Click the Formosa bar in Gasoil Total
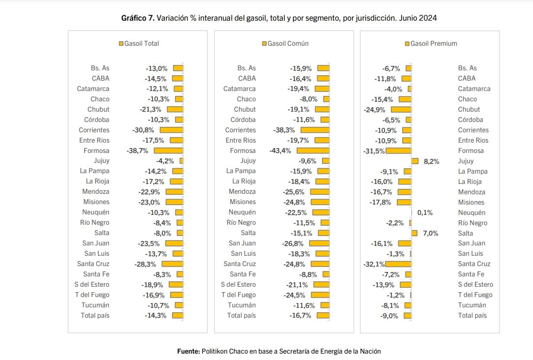168,151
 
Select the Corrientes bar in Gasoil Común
315,130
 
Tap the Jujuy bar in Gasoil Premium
415,161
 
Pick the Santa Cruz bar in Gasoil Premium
398,264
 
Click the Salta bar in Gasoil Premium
414,233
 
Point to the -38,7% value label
138,151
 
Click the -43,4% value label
280,151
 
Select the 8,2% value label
431,161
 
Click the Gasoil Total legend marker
121,44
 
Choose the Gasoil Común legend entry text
288,44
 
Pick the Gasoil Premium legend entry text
434,44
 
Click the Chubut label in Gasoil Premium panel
469,110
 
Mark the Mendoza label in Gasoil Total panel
96,192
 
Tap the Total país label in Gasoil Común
241,315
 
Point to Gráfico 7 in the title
138,18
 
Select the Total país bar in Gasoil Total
178,316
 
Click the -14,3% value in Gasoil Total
156,316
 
